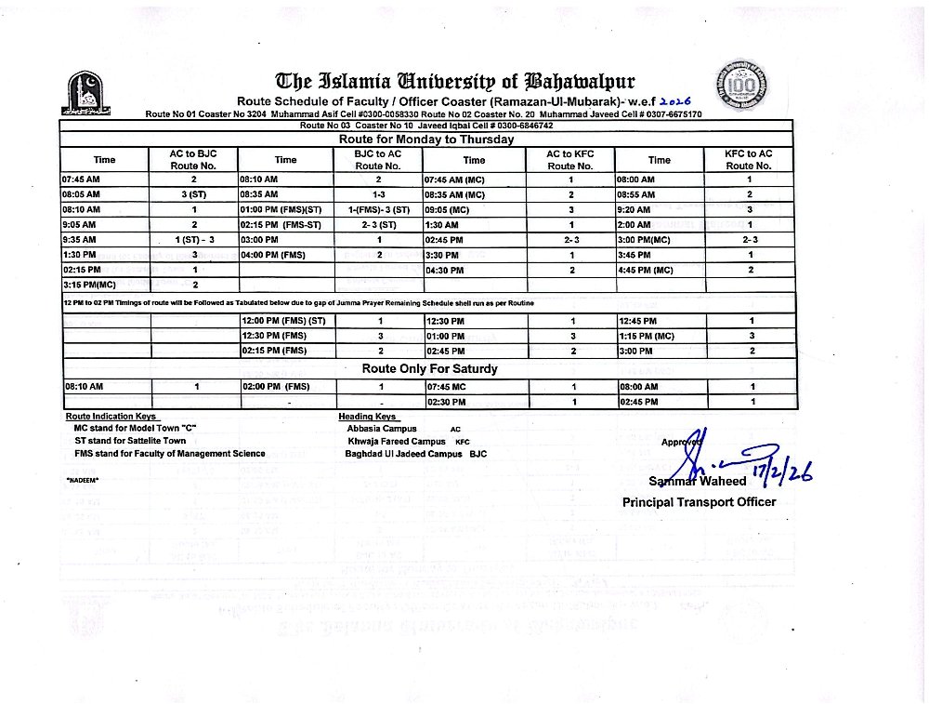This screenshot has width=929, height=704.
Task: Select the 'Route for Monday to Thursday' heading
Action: (427, 139)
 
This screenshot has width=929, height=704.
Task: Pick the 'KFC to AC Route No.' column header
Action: (749, 159)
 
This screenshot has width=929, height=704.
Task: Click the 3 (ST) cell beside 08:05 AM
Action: (193, 194)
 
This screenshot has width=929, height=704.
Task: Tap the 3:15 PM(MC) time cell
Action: (89, 284)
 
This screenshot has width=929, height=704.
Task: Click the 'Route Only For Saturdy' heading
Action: (429, 368)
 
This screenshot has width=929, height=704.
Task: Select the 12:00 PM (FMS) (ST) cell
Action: (282, 321)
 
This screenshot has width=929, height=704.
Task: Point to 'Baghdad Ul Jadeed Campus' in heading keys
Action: (403, 454)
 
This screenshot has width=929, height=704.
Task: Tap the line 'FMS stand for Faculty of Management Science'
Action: (170, 454)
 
